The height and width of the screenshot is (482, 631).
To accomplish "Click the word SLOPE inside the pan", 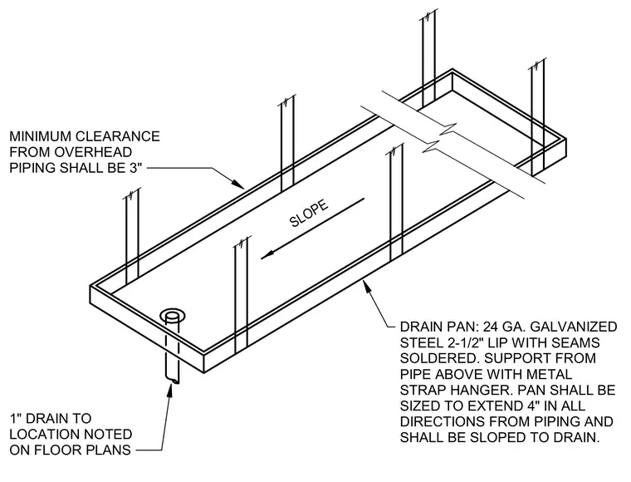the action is pyautogui.click(x=309, y=214).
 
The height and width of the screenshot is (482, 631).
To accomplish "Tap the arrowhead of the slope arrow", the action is pyautogui.click(x=267, y=254).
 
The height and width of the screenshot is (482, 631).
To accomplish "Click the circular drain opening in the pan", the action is pyautogui.click(x=173, y=316).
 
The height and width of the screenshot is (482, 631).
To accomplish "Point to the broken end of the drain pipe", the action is pyautogui.click(x=173, y=380).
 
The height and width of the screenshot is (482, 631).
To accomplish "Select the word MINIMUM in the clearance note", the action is pyautogui.click(x=40, y=136).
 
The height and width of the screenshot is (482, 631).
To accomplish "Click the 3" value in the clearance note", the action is pyautogui.click(x=136, y=168).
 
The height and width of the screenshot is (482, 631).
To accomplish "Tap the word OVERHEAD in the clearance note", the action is pyautogui.click(x=93, y=152).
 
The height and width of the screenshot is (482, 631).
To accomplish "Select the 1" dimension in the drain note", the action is pyautogui.click(x=15, y=418).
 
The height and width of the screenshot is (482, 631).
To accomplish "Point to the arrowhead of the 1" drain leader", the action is pyautogui.click(x=170, y=391).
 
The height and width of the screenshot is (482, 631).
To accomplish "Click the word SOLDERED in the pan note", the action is pyautogui.click(x=438, y=358).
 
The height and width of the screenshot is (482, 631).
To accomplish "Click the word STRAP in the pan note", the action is pyautogui.click(x=423, y=390).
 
